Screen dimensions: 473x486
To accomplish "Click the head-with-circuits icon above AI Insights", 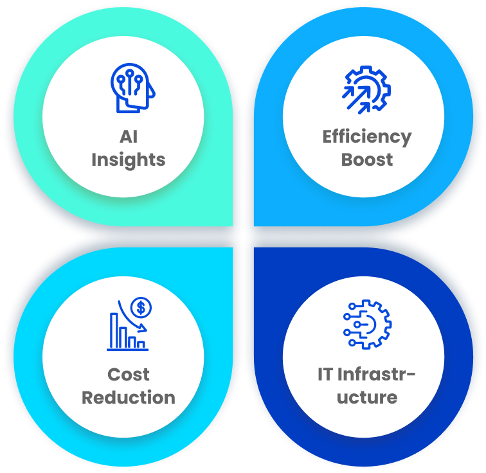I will coord(132,88).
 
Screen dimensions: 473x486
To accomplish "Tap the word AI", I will coord(129,137).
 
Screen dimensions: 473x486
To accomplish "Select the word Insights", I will coord(129,159).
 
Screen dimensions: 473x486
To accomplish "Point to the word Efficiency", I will coord(366,137).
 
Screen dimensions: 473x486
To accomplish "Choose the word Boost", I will coord(366,159).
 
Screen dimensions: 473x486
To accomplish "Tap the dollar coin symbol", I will coord(139,308).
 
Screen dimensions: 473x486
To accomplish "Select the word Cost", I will coord(129,374).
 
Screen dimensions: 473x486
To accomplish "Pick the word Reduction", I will coord(129,397).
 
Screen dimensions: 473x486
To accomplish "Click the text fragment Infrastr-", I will coord(377,374).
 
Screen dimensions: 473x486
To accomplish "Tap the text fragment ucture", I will coord(366,397).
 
